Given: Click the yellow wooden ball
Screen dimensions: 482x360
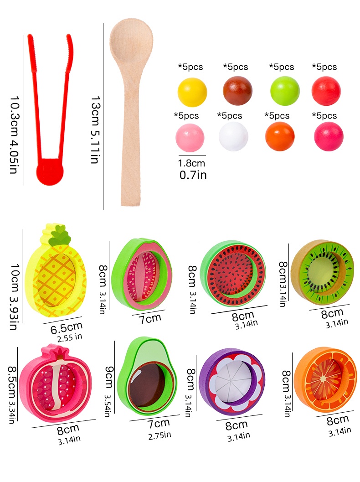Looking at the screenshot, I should pos(192,92).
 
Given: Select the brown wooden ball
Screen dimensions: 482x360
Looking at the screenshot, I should pos(237,91).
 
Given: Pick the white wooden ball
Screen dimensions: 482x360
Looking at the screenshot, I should pos(233,136).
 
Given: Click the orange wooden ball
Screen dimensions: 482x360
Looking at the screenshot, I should pos(280,136).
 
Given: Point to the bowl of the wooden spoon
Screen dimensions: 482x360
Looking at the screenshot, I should pos(131,42).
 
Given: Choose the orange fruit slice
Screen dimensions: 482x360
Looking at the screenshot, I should pos(324,378).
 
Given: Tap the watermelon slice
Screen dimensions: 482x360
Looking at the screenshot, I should pos(232,273).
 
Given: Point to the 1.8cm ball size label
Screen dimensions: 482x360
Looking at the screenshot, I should pos(191,163).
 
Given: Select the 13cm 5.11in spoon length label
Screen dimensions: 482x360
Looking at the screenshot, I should pos(95,130).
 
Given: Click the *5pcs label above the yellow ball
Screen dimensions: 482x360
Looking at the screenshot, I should pos(190,67).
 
